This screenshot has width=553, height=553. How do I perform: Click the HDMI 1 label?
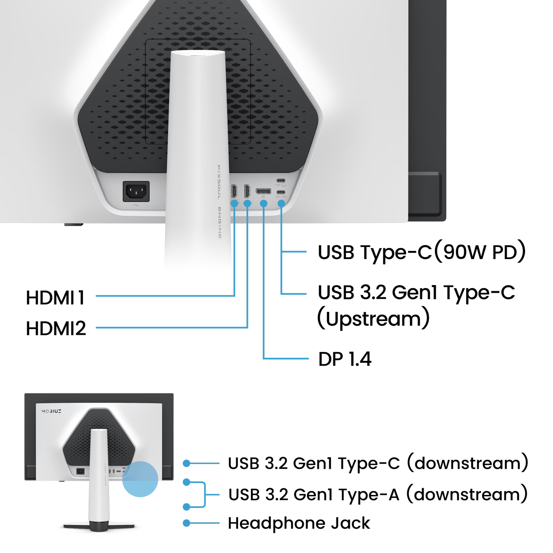pos(56,297)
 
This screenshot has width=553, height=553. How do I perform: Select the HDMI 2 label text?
pos(57,328)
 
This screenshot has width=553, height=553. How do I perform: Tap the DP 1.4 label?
pos(344,359)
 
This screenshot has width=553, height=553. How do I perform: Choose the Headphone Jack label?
pos(300,523)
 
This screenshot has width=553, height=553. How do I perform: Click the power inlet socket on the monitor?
pos(136,191)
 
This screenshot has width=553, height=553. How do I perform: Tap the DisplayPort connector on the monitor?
pos(263,191)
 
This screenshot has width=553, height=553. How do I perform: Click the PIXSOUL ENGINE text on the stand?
pos(219,201)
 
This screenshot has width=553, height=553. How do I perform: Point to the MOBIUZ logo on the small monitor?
pos(51,411)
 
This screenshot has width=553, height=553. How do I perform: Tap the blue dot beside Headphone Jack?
pos(186,523)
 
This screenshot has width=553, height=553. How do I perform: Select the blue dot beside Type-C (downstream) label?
pos(186,463)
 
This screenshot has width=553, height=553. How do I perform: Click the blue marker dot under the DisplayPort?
pos(263,203)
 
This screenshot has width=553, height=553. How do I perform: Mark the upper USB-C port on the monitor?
pos(281,180)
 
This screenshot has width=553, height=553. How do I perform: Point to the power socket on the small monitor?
pos(81,471)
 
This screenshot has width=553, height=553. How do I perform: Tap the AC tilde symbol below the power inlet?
pos(136,206)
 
